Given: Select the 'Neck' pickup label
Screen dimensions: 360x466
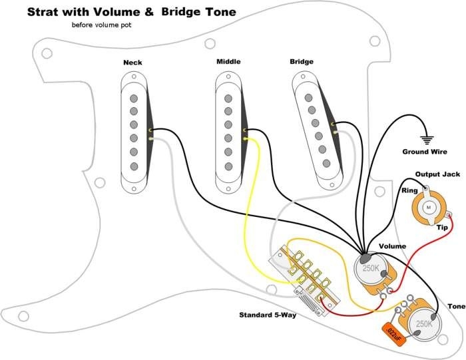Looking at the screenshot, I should pyautogui.click(x=132, y=63).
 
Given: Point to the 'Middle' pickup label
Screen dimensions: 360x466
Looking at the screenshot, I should pyautogui.click(x=228, y=62).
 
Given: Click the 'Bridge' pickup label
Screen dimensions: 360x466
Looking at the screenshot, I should pyautogui.click(x=302, y=63).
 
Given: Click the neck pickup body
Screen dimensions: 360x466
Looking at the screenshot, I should pyautogui.click(x=134, y=130).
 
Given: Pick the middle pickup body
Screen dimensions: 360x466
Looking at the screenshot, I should pyautogui.click(x=228, y=130).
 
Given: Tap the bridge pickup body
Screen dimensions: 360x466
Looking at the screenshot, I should pyautogui.click(x=316, y=130).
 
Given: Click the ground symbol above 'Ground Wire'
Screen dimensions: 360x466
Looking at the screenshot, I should pyautogui.click(x=425, y=140).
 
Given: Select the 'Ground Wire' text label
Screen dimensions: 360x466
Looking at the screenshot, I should pyautogui.click(x=424, y=152).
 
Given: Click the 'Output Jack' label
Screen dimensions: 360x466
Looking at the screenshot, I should pyautogui.click(x=433, y=174).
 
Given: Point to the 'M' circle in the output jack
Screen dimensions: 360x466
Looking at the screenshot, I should pyautogui.click(x=429, y=207).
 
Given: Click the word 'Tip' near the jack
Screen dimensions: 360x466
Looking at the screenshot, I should pyautogui.click(x=442, y=228).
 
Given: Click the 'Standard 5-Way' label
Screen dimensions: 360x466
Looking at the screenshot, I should pyautogui.click(x=268, y=315).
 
